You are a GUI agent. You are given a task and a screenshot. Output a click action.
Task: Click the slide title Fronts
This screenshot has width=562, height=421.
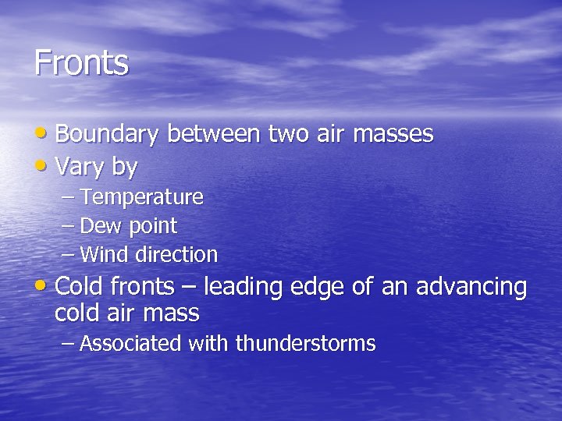pos(81,62)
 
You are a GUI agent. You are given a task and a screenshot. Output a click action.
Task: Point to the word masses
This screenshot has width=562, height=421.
pos(393,135)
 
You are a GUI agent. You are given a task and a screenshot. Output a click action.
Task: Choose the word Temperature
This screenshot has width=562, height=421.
pos(141,197)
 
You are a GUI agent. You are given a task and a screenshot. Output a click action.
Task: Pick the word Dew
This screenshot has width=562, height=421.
pos(97,226)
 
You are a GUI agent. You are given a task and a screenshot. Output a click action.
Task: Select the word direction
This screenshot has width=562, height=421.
pos(176,255)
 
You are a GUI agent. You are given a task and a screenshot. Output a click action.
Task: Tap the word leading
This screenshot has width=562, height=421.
pos(244,288)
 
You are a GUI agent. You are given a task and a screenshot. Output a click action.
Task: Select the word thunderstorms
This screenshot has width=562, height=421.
pos(305,344)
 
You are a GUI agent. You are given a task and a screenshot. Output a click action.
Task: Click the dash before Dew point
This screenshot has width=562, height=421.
pos(68,226)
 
